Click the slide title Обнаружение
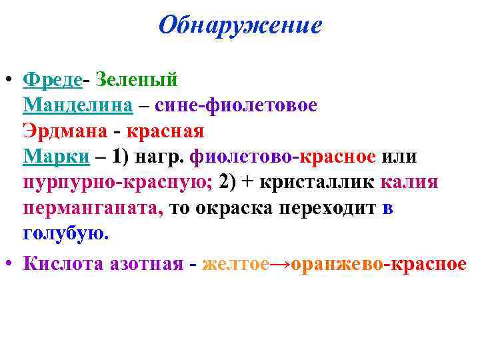coord(241,25)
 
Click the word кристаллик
coord(321,182)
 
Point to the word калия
coord(409,182)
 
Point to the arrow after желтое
coord(281,263)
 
